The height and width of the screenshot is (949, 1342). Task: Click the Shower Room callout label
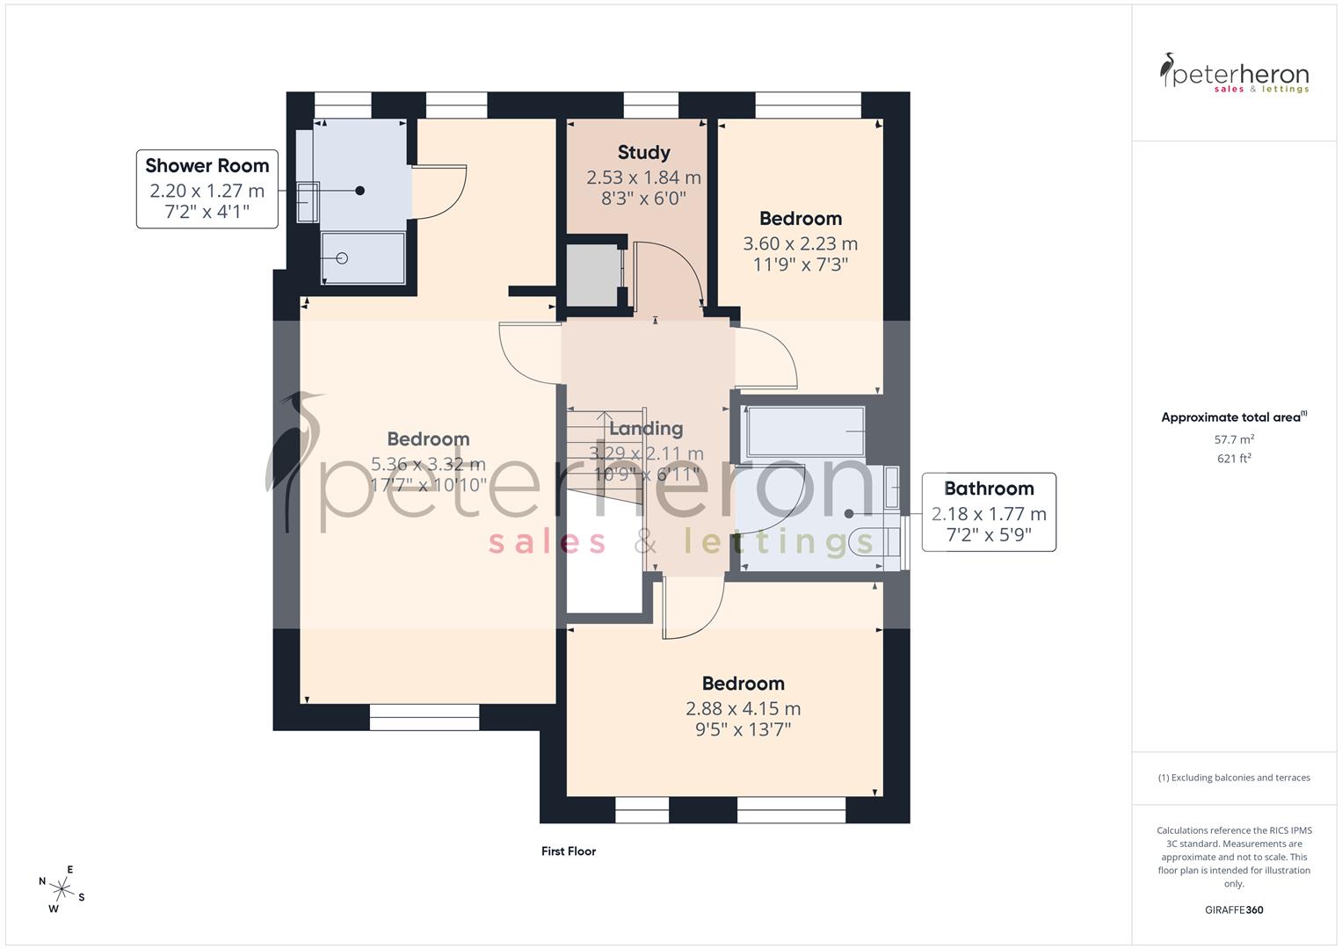point(207,166)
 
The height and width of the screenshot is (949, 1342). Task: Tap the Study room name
point(643,153)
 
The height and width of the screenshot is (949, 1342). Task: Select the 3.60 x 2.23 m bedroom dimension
point(800,243)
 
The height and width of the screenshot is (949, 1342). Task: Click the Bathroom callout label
point(989,489)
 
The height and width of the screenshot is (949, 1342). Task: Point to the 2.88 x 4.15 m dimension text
point(743,708)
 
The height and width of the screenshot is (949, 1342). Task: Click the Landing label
point(646,429)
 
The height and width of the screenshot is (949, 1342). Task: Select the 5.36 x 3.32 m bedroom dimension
point(428,464)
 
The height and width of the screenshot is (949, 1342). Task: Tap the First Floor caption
point(569,851)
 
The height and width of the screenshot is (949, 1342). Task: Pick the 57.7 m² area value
point(1233,439)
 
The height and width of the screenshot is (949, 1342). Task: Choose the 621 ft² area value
point(1233,458)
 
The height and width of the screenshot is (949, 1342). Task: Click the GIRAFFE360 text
point(1233,909)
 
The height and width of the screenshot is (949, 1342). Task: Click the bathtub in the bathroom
point(804,431)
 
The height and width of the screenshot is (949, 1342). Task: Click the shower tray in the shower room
point(363,258)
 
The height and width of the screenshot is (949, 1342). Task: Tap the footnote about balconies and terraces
point(1233,778)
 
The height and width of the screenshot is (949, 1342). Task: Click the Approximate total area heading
point(1233,417)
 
